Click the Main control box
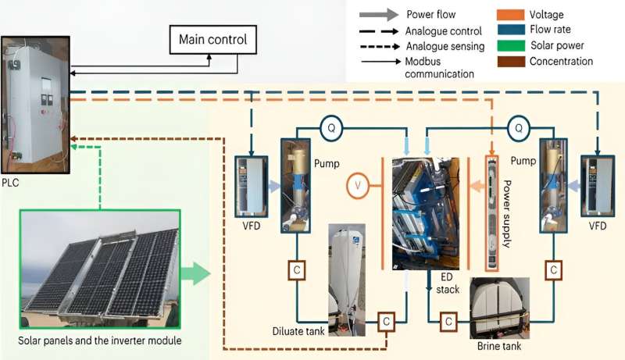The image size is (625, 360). (x=213, y=39)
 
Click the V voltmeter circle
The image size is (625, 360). (x=357, y=186)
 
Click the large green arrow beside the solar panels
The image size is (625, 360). (x=196, y=273)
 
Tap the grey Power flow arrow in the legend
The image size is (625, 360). (x=377, y=15)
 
